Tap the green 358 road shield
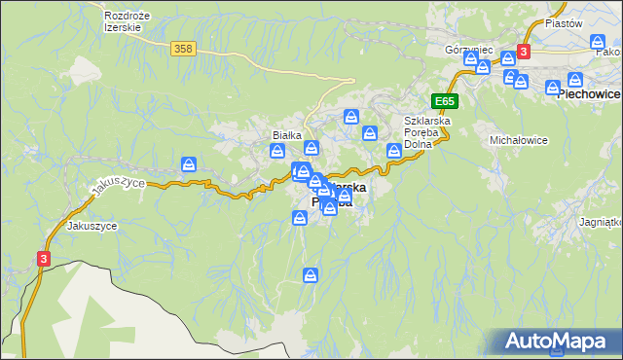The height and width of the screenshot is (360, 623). pyautogui.click(x=181, y=48)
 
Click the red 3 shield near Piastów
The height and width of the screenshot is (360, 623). pyautogui.click(x=524, y=52)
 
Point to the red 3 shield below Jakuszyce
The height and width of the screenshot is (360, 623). pyautogui.click(x=43, y=258)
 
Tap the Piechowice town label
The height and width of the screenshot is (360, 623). pyautogui.click(x=589, y=94)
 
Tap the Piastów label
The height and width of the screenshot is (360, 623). pyautogui.click(x=564, y=23)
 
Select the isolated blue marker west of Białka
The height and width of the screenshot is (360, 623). pyautogui.click(x=190, y=164)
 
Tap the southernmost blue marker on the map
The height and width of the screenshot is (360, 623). pyautogui.click(x=311, y=275)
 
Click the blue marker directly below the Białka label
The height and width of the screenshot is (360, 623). pyautogui.click(x=278, y=151)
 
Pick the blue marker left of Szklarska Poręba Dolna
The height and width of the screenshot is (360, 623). pyautogui.click(x=394, y=150)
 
